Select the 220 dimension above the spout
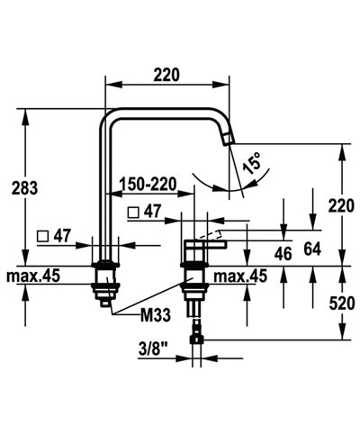click(x=166, y=76)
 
